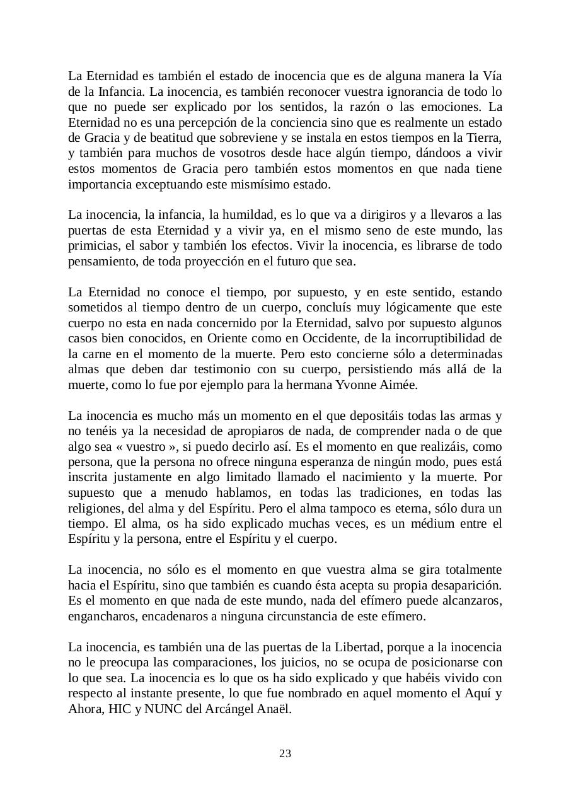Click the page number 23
[285, 753]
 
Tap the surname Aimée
[400, 385]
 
